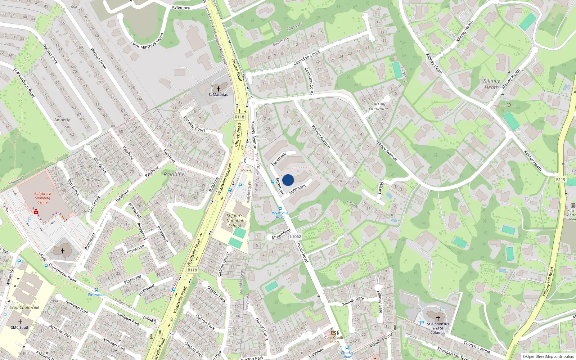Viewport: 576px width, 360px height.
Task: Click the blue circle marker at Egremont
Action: [288, 180]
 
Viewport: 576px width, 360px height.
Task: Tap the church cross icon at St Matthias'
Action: [218, 89]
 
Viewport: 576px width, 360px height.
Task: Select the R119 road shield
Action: [561, 179]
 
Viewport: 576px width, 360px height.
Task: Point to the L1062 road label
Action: [295, 237]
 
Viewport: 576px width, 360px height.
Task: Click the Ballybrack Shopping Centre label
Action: [42, 198]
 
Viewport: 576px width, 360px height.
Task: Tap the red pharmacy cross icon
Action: [36, 212]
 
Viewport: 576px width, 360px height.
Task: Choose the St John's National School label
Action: [235, 221]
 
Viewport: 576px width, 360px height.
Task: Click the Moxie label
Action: [246, 170]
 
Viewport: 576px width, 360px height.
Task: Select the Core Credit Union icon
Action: [334, 333]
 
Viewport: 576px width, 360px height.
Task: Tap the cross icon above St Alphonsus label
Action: [438, 318]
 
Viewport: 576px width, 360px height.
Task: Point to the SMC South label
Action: [20, 328]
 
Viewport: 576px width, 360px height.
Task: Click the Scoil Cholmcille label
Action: [24, 307]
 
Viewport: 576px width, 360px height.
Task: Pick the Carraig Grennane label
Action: [378, 106]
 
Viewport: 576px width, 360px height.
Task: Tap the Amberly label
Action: [62, 120]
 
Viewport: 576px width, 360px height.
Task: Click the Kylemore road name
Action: [181, 8]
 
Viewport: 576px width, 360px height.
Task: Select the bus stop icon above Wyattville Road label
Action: [280, 208]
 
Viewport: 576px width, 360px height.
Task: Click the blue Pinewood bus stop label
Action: [96, 294]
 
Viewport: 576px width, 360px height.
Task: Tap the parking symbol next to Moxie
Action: [240, 186]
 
